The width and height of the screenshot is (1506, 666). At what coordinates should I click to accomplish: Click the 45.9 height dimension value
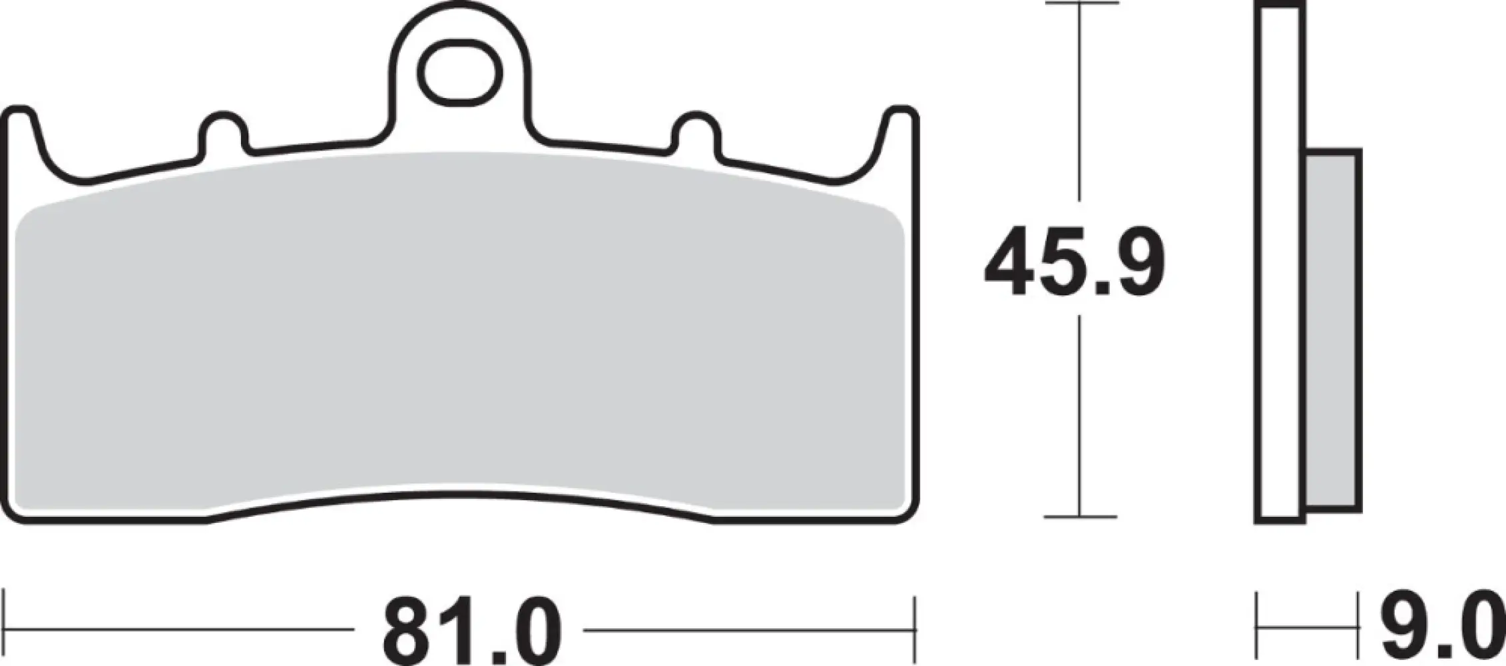(x=1075, y=262)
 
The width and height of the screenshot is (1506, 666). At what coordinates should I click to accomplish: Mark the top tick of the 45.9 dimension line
(x=1080, y=4)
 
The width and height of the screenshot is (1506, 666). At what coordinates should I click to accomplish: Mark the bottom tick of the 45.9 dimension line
(x=1080, y=516)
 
